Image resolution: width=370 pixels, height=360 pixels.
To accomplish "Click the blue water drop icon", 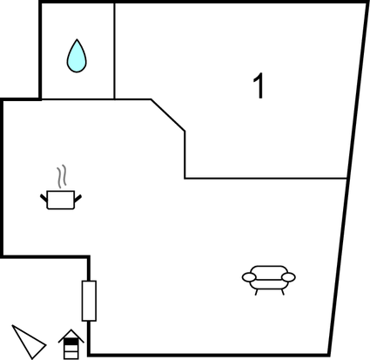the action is (77, 57).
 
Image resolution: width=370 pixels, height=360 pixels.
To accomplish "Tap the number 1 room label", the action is (259, 85).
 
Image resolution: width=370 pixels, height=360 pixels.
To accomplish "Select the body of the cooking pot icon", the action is (61, 200).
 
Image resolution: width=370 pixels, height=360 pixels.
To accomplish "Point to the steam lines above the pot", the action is (62, 176).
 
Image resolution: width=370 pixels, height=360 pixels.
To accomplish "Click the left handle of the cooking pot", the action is (44, 198).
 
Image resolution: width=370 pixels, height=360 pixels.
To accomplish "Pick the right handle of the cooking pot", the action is (77, 199).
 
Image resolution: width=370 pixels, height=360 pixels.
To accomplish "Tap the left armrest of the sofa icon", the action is (249, 277).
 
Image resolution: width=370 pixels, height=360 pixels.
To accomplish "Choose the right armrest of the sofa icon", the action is (288, 277).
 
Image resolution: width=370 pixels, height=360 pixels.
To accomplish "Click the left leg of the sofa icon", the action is (256, 292).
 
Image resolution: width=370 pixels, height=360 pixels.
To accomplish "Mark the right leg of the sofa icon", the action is (282, 292).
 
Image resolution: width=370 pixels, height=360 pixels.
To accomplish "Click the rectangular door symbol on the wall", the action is (89, 301).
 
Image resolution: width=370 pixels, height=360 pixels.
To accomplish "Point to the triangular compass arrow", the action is (29, 342).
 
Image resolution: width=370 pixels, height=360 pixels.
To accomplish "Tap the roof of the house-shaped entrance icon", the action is (71, 336).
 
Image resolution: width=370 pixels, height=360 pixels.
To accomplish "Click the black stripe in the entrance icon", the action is (71, 342).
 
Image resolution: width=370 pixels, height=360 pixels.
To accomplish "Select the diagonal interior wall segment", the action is (168, 115).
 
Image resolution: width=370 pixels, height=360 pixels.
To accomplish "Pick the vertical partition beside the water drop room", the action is (114, 51).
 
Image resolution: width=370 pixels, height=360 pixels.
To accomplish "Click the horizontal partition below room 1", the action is (266, 178).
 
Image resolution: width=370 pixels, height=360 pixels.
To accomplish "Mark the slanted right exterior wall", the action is (348, 178).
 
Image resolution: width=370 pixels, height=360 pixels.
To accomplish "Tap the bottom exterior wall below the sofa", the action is (209, 355).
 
